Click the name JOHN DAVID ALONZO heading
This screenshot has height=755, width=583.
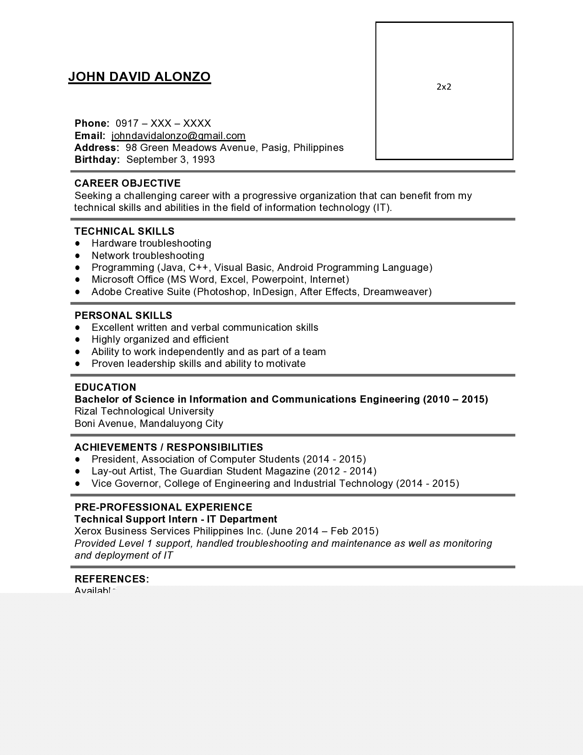139,77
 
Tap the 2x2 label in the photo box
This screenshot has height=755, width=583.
444,87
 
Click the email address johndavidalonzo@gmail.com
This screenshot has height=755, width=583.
178,136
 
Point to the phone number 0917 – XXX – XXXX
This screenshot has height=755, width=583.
163,124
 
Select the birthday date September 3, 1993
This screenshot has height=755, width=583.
171,160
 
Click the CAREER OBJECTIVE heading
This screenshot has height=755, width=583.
128,183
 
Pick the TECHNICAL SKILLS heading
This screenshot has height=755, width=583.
124,232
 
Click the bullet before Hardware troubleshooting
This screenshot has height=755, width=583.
78,243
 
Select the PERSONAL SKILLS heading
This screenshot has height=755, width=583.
123,316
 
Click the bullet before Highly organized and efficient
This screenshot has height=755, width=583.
78,340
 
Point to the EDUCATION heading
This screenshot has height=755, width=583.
105,388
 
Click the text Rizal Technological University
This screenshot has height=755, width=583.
144,411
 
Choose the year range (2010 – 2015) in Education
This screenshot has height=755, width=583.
455,399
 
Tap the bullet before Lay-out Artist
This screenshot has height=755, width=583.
78,471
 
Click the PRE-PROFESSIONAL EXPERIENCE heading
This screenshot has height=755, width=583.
163,507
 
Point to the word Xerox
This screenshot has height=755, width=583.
88,531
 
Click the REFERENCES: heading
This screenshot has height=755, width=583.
112,579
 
